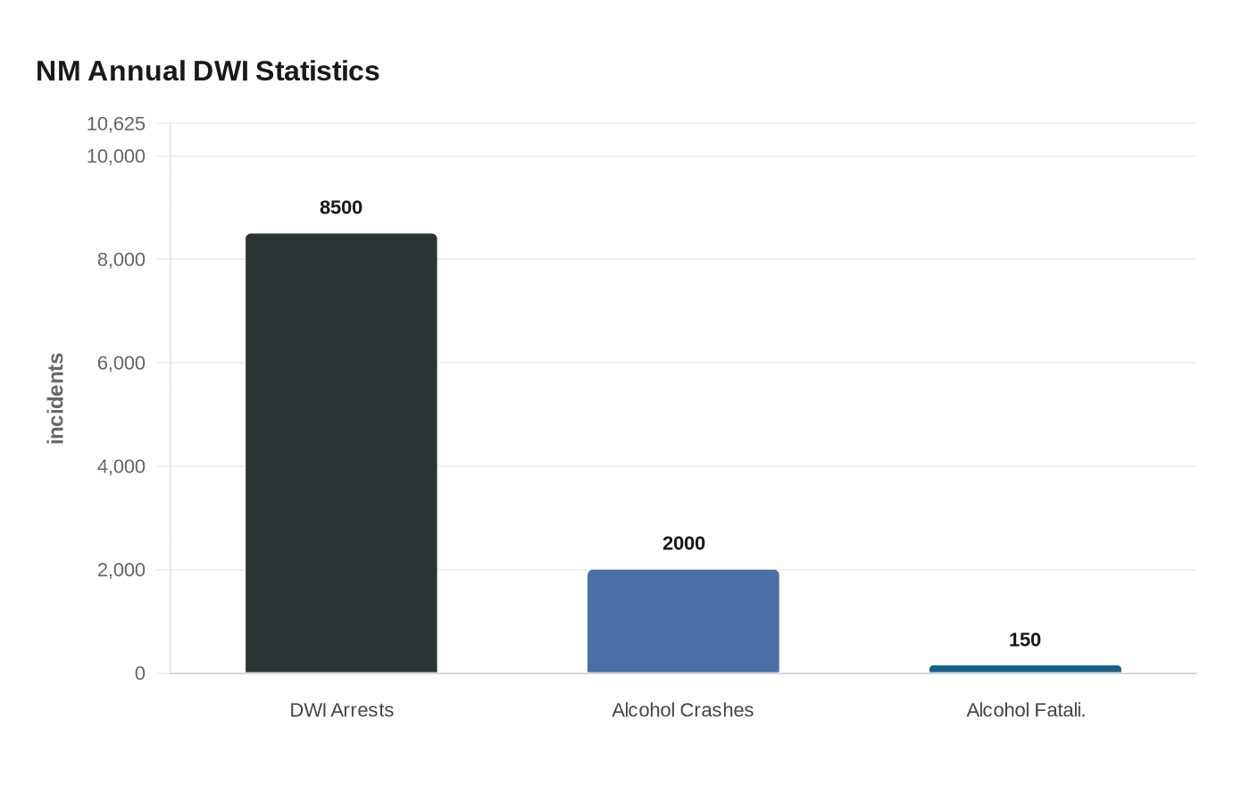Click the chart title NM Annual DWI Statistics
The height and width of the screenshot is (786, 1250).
(x=207, y=71)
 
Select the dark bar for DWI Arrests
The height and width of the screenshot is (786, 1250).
(x=341, y=453)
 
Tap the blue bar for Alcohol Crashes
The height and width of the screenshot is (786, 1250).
(x=683, y=621)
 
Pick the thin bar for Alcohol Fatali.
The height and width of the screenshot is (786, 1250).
(x=1025, y=669)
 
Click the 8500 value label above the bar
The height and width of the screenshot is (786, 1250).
(x=341, y=207)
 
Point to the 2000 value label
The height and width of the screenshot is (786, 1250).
(x=683, y=543)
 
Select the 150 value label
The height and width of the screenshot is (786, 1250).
(x=1025, y=640)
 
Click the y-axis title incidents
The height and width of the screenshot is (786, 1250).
(x=56, y=398)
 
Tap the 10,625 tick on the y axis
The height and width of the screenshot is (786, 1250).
(x=115, y=123)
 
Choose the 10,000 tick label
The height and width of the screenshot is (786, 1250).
(x=115, y=156)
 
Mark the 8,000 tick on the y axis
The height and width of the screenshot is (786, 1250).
(x=121, y=259)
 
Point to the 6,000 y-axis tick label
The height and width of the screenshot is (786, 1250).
(x=121, y=363)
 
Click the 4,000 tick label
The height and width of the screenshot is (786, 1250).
(x=121, y=466)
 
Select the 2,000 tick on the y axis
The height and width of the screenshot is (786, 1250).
(x=121, y=570)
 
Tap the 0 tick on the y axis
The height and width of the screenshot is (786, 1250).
(x=139, y=673)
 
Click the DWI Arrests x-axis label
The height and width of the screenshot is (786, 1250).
(x=341, y=710)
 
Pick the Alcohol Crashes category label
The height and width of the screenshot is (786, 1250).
(x=683, y=710)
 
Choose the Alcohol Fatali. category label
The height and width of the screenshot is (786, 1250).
(x=1025, y=710)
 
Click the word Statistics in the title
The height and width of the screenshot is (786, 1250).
(x=317, y=71)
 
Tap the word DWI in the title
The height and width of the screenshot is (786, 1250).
(x=221, y=71)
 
